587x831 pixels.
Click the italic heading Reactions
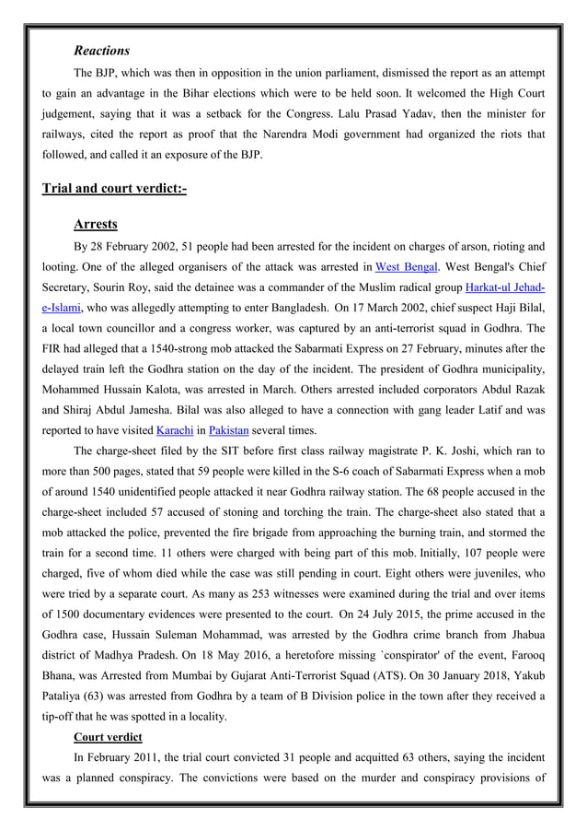coord(101,50)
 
